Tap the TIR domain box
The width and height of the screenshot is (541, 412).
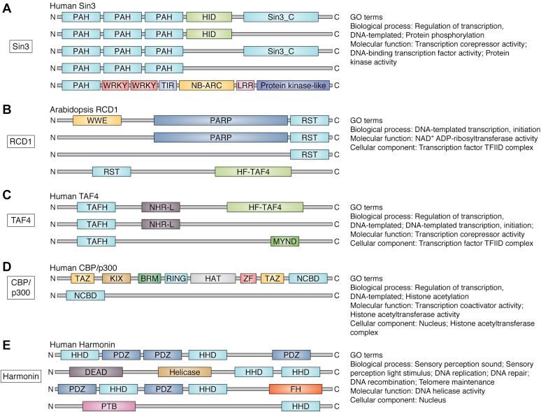click(x=168, y=86)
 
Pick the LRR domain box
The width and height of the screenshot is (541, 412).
click(x=245, y=86)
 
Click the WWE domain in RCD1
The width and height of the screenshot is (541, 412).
click(x=97, y=121)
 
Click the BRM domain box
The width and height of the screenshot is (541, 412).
click(x=149, y=279)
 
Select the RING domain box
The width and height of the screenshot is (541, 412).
click(x=176, y=279)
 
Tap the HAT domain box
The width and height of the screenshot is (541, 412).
click(x=213, y=279)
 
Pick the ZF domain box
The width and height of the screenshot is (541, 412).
click(x=247, y=279)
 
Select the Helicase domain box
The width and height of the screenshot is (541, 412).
click(x=185, y=353)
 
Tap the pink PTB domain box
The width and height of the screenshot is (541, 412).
click(x=103, y=387)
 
